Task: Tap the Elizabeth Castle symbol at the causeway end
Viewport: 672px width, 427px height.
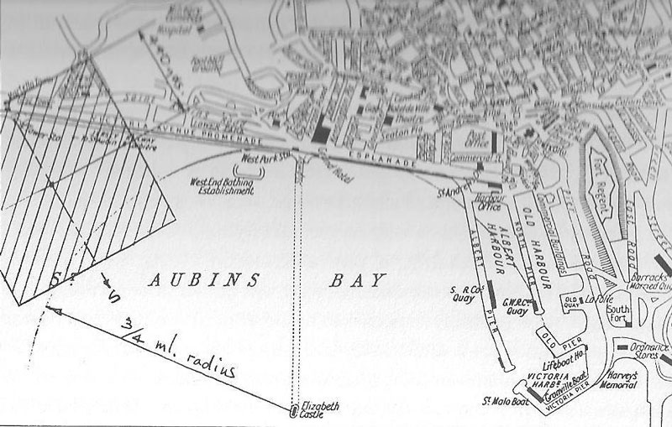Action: point(295,411)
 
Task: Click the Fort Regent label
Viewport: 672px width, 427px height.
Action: point(602,172)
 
